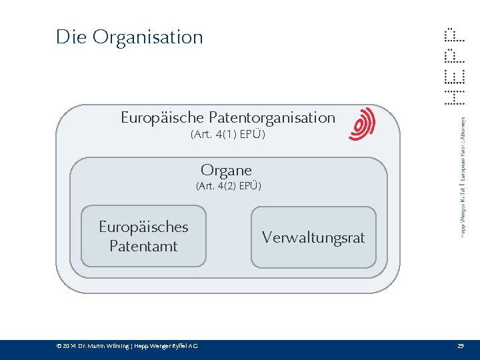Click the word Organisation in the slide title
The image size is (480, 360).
point(147,37)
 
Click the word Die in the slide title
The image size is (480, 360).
point(71,37)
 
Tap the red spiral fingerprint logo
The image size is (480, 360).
point(362,124)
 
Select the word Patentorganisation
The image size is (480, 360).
point(272,118)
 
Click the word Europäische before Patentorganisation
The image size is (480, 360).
point(163,118)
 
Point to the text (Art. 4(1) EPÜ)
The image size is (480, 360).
point(228,135)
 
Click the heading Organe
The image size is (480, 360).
point(227,170)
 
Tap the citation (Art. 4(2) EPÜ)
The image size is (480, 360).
point(228,186)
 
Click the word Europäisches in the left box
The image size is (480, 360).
point(143,227)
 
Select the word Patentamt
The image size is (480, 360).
point(143,246)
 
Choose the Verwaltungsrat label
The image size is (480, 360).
point(313,237)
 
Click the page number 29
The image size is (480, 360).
point(460,346)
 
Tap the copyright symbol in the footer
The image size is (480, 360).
point(59,346)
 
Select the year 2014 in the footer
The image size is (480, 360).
point(69,346)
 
